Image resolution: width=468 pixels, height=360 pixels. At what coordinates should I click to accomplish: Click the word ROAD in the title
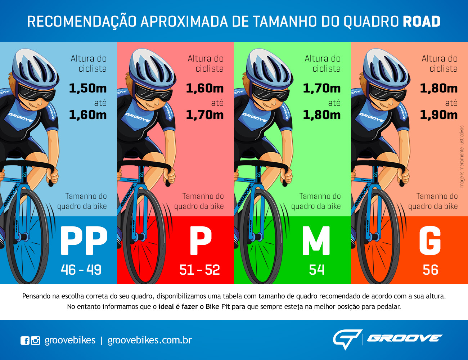[422, 22]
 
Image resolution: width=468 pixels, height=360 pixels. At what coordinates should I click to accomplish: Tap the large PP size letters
[84, 241]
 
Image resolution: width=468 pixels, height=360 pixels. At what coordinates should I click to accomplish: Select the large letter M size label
[316, 241]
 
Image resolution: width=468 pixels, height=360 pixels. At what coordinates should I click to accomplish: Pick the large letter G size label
[430, 241]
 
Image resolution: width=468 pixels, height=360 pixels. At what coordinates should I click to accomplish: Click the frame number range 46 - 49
[81, 270]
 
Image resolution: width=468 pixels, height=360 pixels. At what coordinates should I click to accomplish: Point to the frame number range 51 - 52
[199, 270]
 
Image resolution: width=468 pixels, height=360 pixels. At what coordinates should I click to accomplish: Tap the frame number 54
[317, 270]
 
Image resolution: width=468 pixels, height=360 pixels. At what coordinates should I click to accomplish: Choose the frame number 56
[430, 270]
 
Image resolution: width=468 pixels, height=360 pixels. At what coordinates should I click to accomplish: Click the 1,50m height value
[87, 88]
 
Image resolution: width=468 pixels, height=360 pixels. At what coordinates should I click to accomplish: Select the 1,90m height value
[438, 115]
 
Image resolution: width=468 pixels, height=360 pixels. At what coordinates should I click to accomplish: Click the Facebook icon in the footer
[25, 340]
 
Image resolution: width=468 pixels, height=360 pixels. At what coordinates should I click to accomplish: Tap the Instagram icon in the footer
[35, 340]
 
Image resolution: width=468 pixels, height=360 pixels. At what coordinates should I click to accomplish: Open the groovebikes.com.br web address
[149, 340]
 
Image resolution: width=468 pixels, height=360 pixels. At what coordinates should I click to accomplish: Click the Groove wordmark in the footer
[405, 338]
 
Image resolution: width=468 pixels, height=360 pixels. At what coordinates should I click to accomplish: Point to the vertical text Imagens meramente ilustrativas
[462, 157]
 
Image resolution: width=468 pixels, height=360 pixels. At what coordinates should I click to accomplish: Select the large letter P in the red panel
[201, 241]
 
